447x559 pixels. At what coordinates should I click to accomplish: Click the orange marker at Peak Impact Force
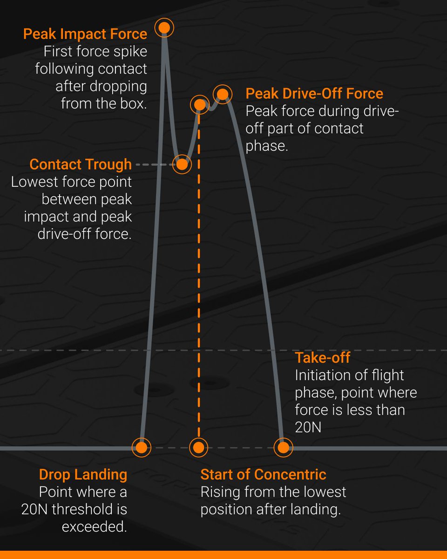click(x=164, y=28)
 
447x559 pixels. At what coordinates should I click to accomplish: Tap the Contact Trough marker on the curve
click(x=182, y=164)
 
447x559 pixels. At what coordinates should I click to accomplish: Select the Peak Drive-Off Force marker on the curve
click(x=223, y=95)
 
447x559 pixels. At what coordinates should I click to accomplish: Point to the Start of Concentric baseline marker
click(x=198, y=448)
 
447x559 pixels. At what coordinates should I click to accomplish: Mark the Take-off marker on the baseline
click(x=283, y=448)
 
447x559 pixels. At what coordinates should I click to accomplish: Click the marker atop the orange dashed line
click(x=199, y=104)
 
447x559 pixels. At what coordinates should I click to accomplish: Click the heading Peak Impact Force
click(x=85, y=34)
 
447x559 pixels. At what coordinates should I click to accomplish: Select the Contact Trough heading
click(x=81, y=164)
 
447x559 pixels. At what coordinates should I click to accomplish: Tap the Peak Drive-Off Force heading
click(x=314, y=94)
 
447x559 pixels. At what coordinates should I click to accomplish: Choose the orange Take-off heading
click(x=322, y=358)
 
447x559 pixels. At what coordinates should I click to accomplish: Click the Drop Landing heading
click(x=83, y=475)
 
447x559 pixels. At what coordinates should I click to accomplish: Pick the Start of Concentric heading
click(x=263, y=475)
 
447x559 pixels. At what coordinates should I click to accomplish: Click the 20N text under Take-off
click(x=308, y=427)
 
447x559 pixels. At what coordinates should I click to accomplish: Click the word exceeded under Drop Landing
click(x=95, y=526)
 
